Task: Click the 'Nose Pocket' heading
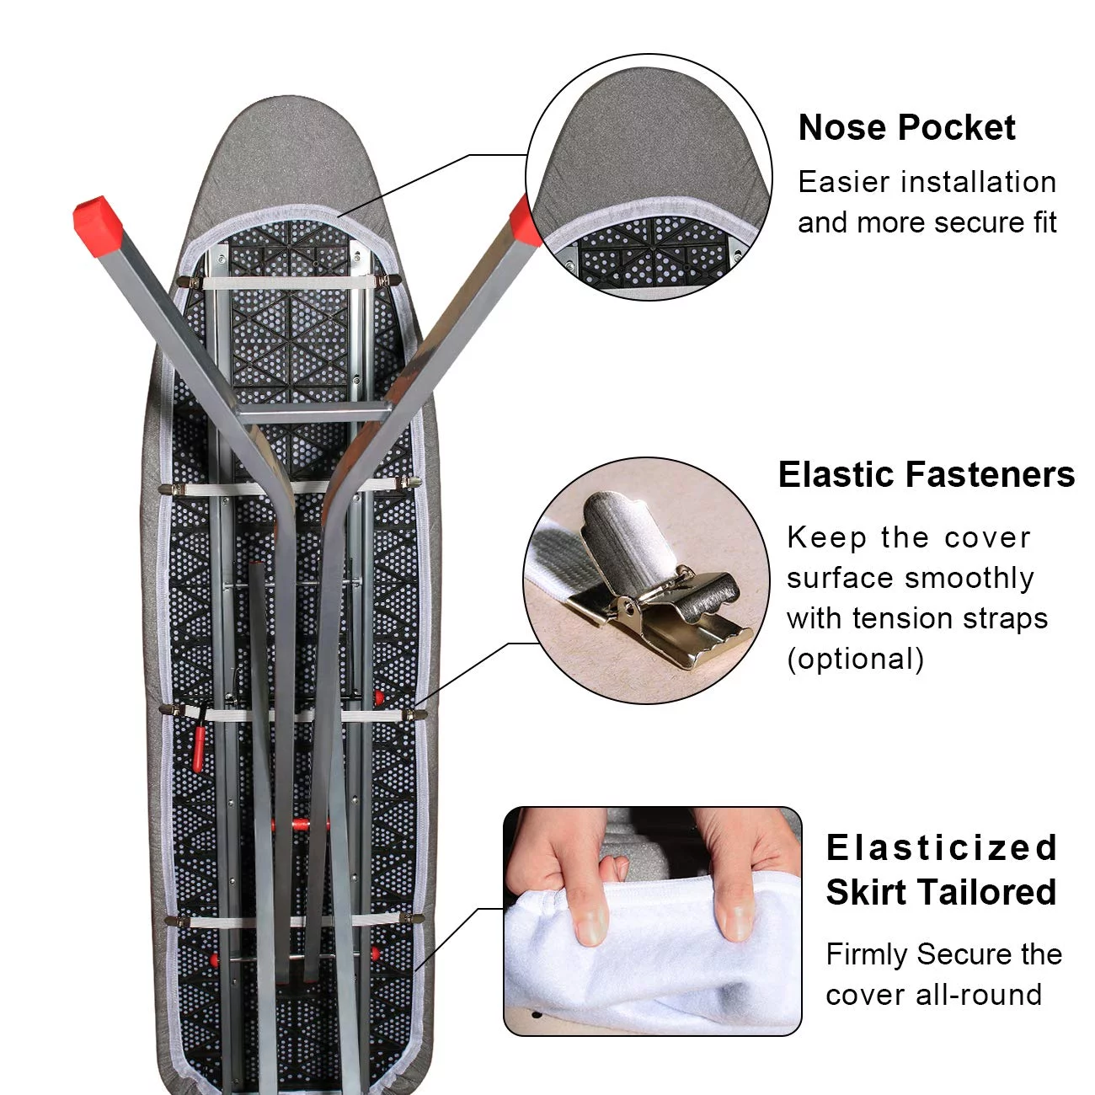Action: click(x=906, y=128)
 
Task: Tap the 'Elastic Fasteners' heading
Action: click(x=927, y=474)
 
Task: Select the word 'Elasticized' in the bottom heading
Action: click(x=941, y=848)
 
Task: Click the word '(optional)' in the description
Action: click(x=855, y=660)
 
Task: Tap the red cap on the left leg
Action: click(x=98, y=222)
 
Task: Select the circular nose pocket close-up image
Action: click(x=649, y=177)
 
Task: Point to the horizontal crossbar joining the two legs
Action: click(x=312, y=412)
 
